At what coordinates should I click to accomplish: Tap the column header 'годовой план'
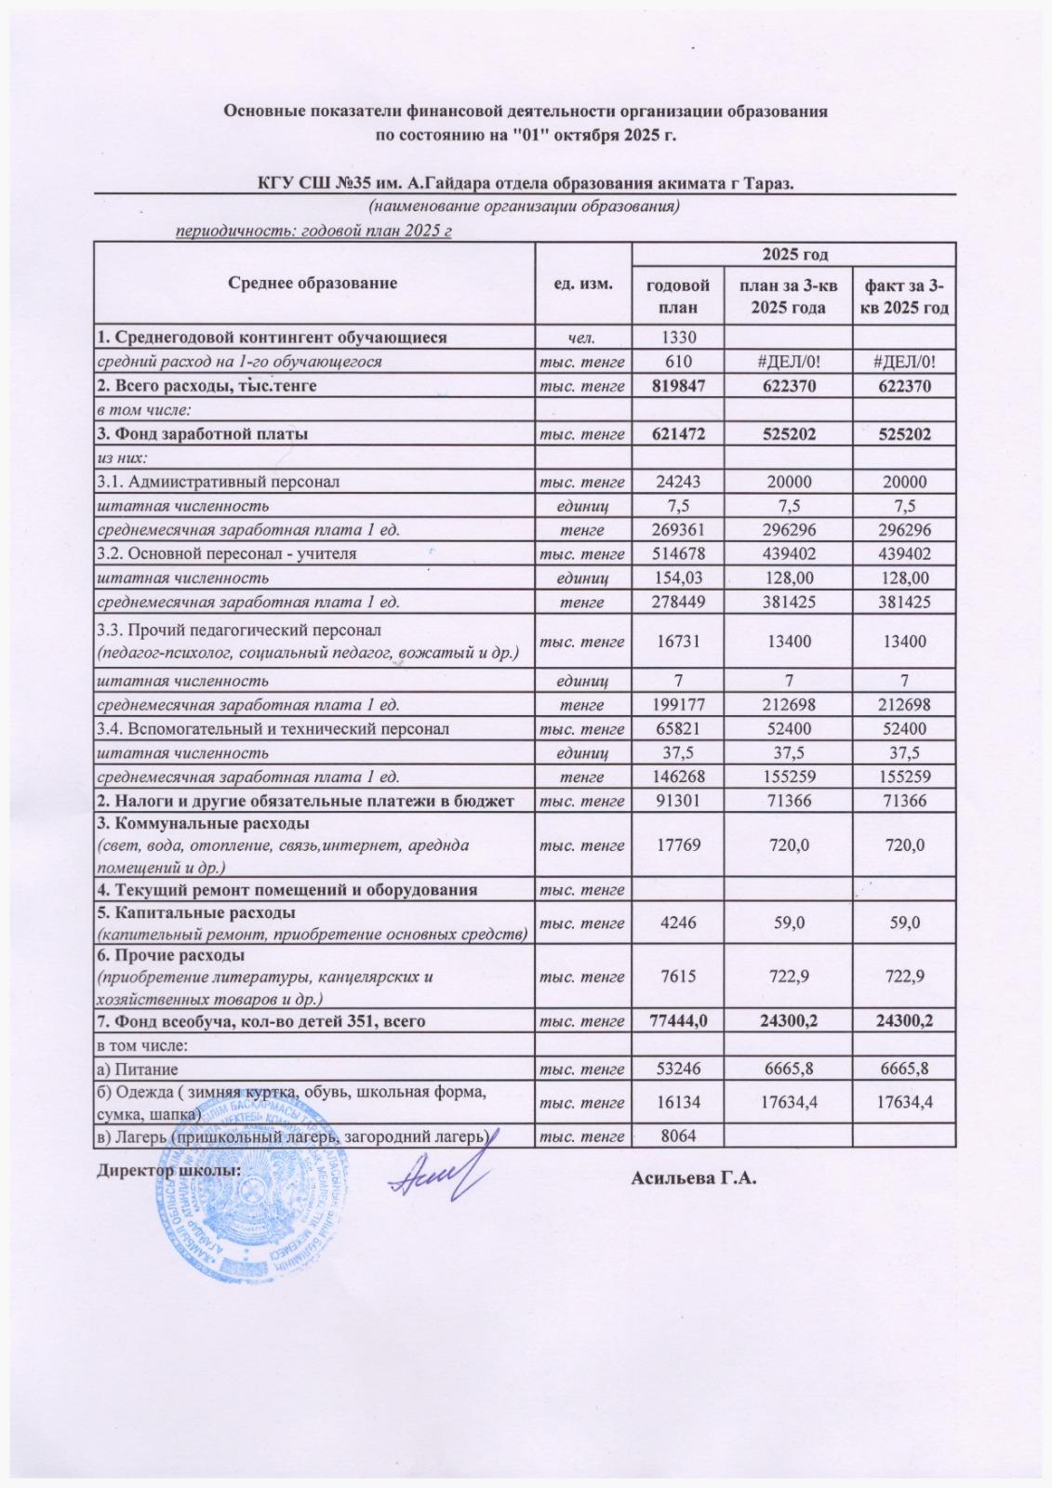(x=678, y=295)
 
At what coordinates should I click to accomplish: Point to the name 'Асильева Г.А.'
(x=694, y=1180)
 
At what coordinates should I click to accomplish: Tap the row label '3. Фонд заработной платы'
(x=204, y=433)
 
